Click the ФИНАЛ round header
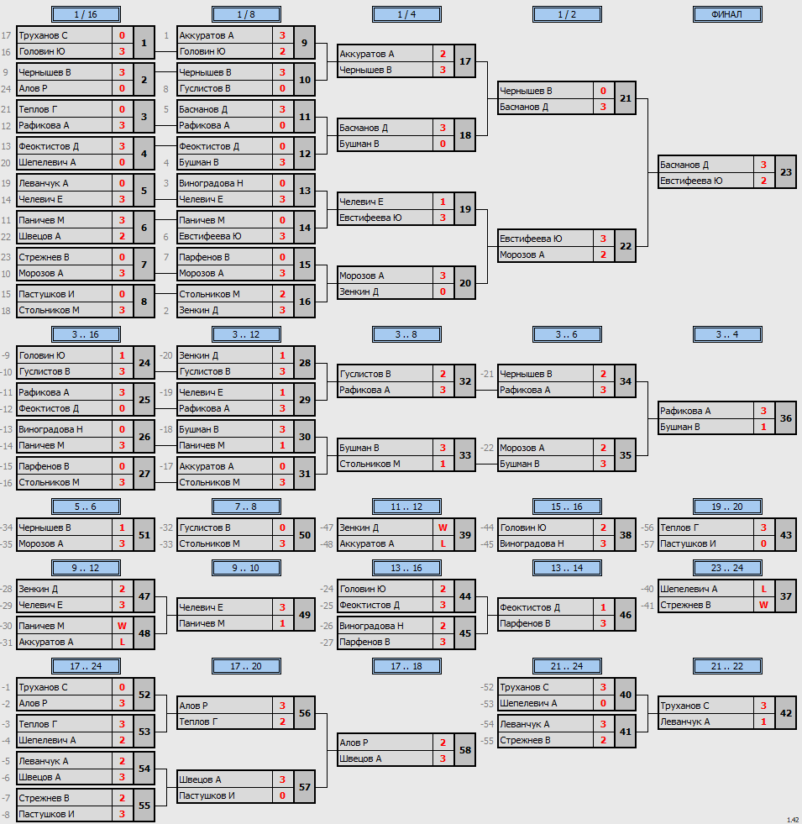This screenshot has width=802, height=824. (x=727, y=14)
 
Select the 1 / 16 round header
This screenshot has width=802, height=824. (x=86, y=14)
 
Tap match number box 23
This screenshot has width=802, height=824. (x=786, y=172)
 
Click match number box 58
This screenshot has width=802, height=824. (x=465, y=750)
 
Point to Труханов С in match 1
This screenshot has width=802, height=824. (x=43, y=36)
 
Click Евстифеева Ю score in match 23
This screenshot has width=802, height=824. (x=763, y=181)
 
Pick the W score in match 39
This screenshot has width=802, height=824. (x=443, y=527)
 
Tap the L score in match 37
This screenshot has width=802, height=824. (x=763, y=589)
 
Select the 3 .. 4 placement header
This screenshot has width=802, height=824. (x=727, y=334)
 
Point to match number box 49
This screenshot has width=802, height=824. (x=305, y=615)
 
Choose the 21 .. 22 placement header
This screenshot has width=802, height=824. (x=727, y=666)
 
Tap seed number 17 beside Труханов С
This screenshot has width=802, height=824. (x=7, y=36)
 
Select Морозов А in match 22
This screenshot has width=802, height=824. (x=522, y=255)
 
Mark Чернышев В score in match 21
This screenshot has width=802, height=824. (x=603, y=91)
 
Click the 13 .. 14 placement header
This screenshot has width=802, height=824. (x=567, y=568)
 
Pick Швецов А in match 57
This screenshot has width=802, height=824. (x=200, y=779)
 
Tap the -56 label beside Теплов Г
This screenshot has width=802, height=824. (x=647, y=527)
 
